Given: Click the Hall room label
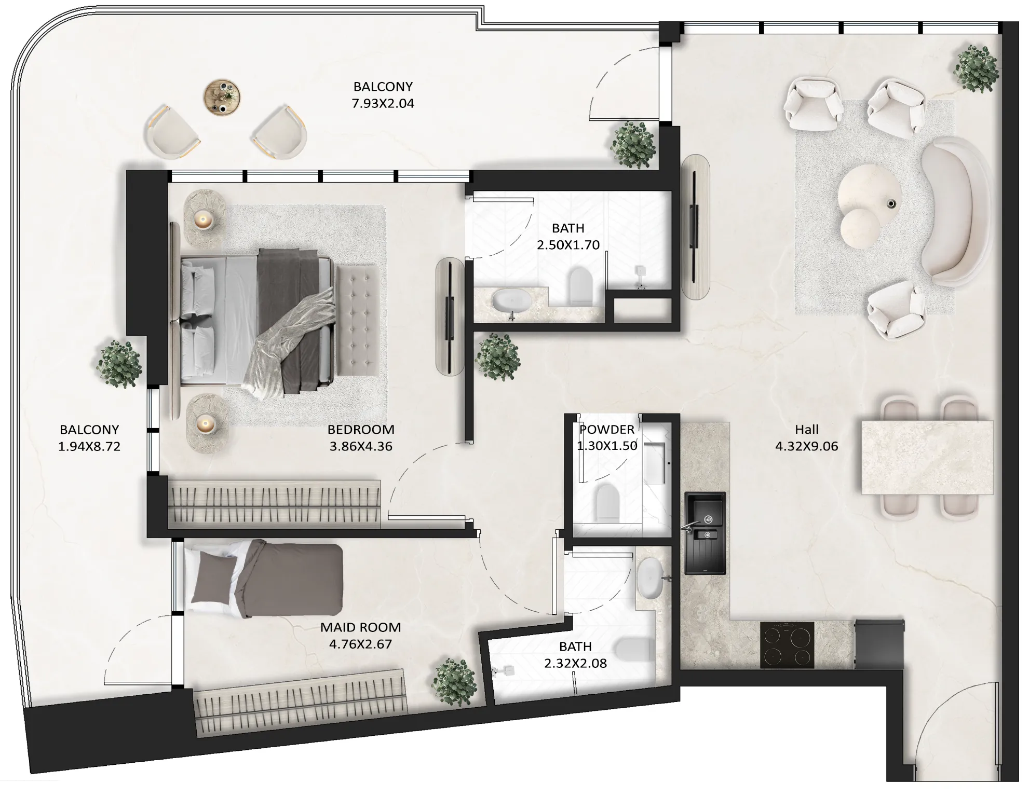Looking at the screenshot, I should pos(806,430).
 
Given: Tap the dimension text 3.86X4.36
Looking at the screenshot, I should pos(361,447).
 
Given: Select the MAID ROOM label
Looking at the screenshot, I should pos(360,627).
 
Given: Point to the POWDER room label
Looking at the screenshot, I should pos(607,430).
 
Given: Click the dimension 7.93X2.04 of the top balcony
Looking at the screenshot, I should pos(383,104).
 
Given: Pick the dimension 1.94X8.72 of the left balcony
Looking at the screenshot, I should pos(89,447).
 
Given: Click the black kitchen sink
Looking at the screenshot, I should pos(705,533).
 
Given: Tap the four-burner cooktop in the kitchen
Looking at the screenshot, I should pos(787,644).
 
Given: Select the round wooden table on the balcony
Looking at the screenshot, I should pos(222,97).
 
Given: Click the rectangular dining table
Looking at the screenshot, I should pos(927,458).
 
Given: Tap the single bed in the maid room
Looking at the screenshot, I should pos(265,579).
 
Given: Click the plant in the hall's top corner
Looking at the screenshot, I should pos(976,69).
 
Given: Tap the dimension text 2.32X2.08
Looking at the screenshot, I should pos(575,664).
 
